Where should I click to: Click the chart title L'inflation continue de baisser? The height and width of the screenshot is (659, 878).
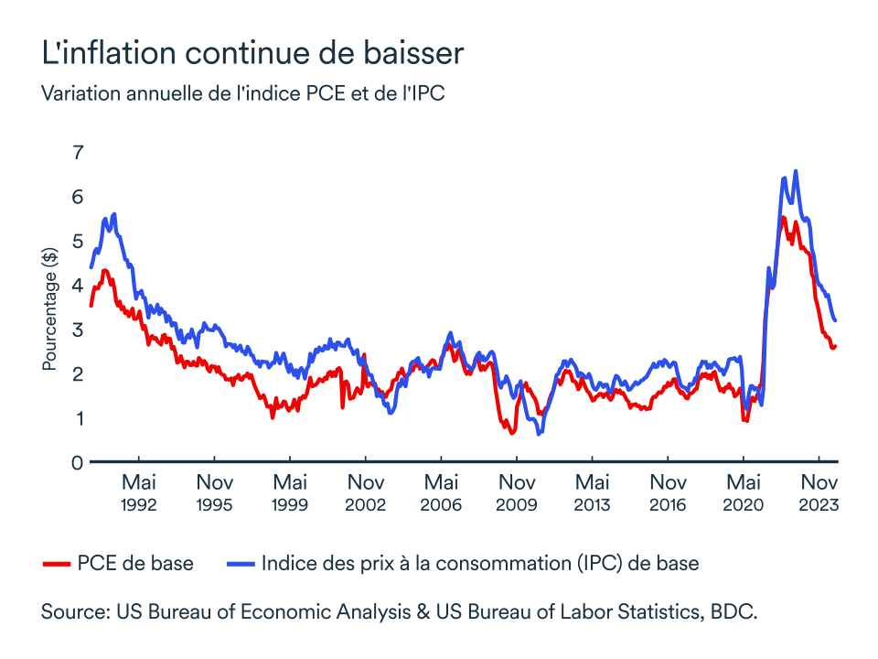[x=252, y=52]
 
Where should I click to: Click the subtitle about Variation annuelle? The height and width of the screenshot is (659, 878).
[x=243, y=93]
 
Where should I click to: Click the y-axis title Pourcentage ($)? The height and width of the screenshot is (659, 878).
[x=49, y=311]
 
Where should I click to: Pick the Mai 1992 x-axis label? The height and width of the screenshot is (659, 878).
[x=139, y=492]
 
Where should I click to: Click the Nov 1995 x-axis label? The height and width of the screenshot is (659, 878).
[x=215, y=492]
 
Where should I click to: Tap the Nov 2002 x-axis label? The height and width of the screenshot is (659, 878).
[x=366, y=492]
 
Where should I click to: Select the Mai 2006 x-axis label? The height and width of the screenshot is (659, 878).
[x=442, y=492]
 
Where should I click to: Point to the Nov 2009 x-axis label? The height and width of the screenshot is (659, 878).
[x=518, y=492]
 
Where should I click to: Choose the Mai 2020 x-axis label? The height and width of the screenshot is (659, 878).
[x=744, y=492]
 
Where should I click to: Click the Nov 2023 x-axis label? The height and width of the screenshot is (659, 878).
[x=820, y=492]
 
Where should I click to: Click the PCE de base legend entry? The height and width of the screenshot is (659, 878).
[x=119, y=563]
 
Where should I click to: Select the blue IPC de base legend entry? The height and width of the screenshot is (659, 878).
[x=463, y=563]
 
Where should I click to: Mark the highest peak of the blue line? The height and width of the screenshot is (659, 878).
[x=796, y=171]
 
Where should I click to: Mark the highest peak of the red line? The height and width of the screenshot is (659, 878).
[x=783, y=218]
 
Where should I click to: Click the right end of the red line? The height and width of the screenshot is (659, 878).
[x=836, y=346]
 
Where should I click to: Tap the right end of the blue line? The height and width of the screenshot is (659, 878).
[x=836, y=320]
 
